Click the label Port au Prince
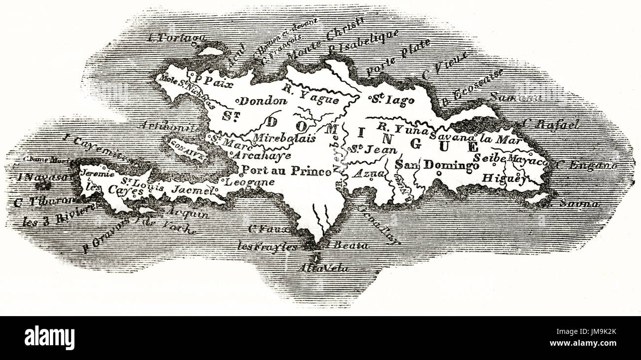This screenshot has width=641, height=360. [x=286, y=172]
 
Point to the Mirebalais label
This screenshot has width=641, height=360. [x=284, y=139]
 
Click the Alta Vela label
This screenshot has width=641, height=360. [x=316, y=269]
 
